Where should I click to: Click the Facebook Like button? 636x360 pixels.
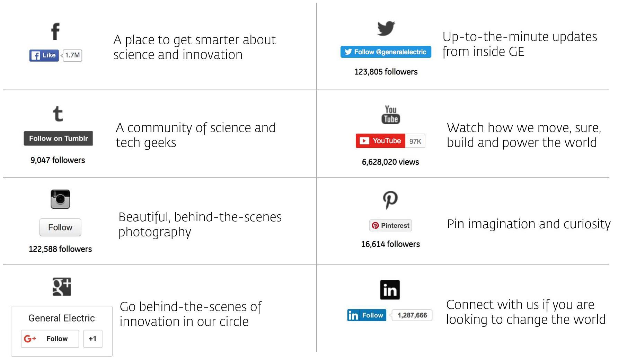coord(44,55)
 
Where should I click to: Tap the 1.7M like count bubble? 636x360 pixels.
coord(72,55)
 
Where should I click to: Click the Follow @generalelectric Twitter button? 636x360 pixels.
coord(386,52)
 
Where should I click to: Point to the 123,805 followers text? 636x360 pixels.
coord(386,72)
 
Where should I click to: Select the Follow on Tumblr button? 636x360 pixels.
coord(58,138)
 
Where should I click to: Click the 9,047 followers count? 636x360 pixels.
coord(58,160)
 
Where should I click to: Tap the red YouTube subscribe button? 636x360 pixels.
coord(380,141)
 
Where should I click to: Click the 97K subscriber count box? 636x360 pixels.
coord(415,141)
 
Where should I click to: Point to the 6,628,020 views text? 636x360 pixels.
coord(390,162)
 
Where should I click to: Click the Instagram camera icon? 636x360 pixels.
coord(60,199)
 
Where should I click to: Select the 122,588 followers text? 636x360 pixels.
coord(60,249)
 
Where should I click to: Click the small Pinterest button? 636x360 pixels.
coord(390,225)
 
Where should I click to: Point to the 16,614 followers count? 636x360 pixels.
coord(390,244)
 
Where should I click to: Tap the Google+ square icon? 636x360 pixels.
coord(62,287)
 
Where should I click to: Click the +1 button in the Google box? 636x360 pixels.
coord(92,339)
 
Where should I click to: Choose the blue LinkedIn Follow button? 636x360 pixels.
coord(366,315)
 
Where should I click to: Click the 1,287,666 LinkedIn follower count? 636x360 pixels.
coord(412,315)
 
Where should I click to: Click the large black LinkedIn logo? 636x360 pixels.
coord(390,290)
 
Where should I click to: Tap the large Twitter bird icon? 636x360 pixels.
coord(386,28)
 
